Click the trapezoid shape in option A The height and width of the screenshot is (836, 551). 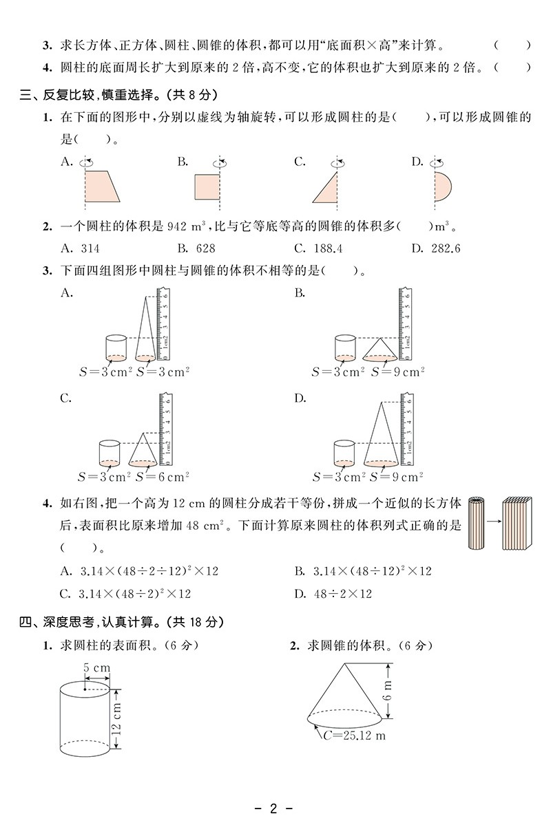click(100, 186)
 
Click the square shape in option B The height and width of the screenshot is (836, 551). click(207, 186)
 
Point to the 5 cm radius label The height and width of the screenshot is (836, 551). click(97, 667)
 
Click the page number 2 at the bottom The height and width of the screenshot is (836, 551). click(273, 808)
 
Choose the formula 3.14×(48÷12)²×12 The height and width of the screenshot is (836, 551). click(372, 571)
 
